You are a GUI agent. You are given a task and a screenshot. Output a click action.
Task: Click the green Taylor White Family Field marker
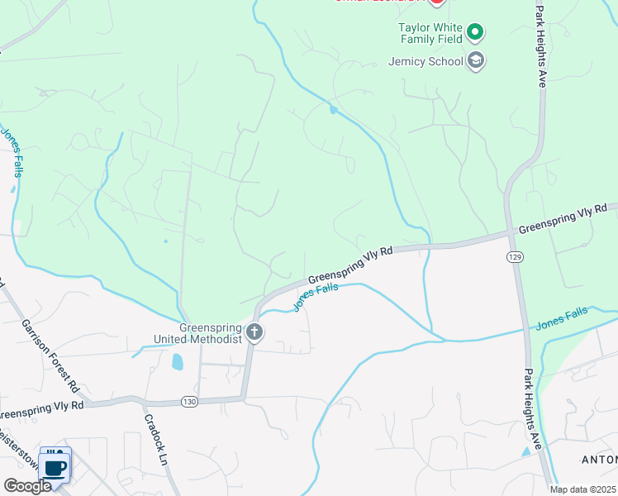click(x=475, y=33)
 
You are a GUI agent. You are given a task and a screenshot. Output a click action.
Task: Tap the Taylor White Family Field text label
click(x=429, y=33)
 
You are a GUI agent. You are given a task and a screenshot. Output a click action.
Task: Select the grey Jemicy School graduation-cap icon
click(x=475, y=60)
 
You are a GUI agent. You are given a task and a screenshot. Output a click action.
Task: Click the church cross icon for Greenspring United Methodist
click(x=254, y=333)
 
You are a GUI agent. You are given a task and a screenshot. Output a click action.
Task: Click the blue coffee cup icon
click(x=55, y=468)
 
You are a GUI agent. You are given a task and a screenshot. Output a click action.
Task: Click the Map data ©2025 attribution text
click(x=582, y=489)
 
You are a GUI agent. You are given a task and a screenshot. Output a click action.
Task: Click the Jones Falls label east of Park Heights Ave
click(x=562, y=317)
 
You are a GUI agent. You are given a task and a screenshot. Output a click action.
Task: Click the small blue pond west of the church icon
click(x=177, y=362)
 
